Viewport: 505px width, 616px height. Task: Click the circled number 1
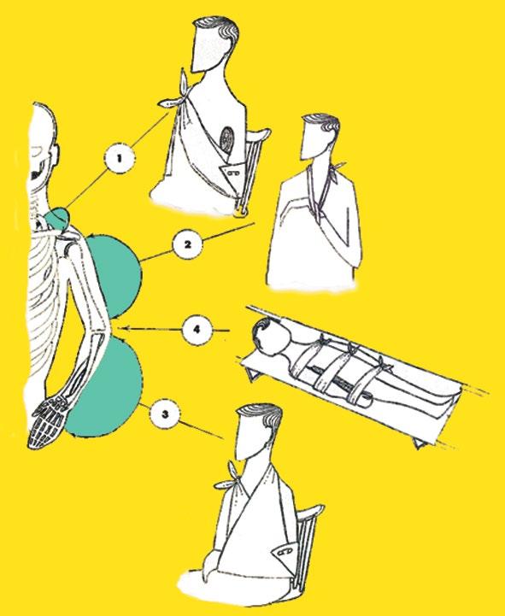(119, 158)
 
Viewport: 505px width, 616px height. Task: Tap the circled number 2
(187, 244)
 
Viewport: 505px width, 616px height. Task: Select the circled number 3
(165, 414)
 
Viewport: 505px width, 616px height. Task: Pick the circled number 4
(197, 330)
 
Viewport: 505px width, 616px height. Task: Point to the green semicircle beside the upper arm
(118, 275)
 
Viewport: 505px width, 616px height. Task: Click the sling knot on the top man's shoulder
(177, 94)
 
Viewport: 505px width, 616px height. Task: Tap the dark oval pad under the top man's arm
(226, 141)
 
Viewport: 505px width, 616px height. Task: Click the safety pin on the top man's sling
(235, 171)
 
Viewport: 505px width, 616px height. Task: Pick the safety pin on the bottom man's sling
(285, 551)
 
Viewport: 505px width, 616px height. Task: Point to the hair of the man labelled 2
(323, 124)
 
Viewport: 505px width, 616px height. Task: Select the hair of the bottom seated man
(262, 416)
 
